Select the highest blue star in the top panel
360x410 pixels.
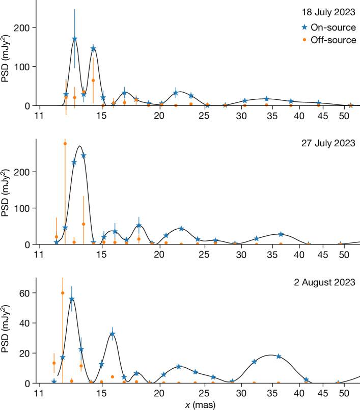75,39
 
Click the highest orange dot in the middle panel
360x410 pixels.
65,144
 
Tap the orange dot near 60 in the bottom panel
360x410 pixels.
63,293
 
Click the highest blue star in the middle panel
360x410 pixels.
84,156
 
